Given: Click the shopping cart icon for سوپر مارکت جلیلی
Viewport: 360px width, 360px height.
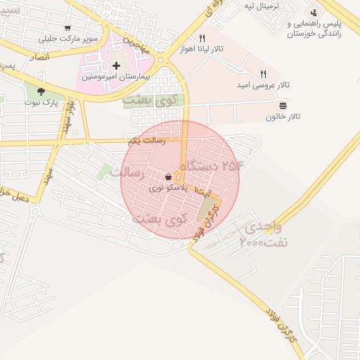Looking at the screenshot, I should point(67,29).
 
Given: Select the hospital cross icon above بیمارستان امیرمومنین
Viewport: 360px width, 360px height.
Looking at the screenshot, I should point(117,65).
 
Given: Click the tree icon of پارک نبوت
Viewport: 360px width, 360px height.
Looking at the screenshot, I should point(41,91).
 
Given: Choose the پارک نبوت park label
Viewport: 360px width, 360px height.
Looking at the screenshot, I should point(41,102).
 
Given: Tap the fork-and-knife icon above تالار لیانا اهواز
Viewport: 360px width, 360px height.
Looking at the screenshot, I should point(202,38).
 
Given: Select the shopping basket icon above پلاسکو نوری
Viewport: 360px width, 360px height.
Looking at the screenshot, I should point(169,177).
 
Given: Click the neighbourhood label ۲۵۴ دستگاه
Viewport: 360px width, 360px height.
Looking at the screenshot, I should point(211,166).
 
